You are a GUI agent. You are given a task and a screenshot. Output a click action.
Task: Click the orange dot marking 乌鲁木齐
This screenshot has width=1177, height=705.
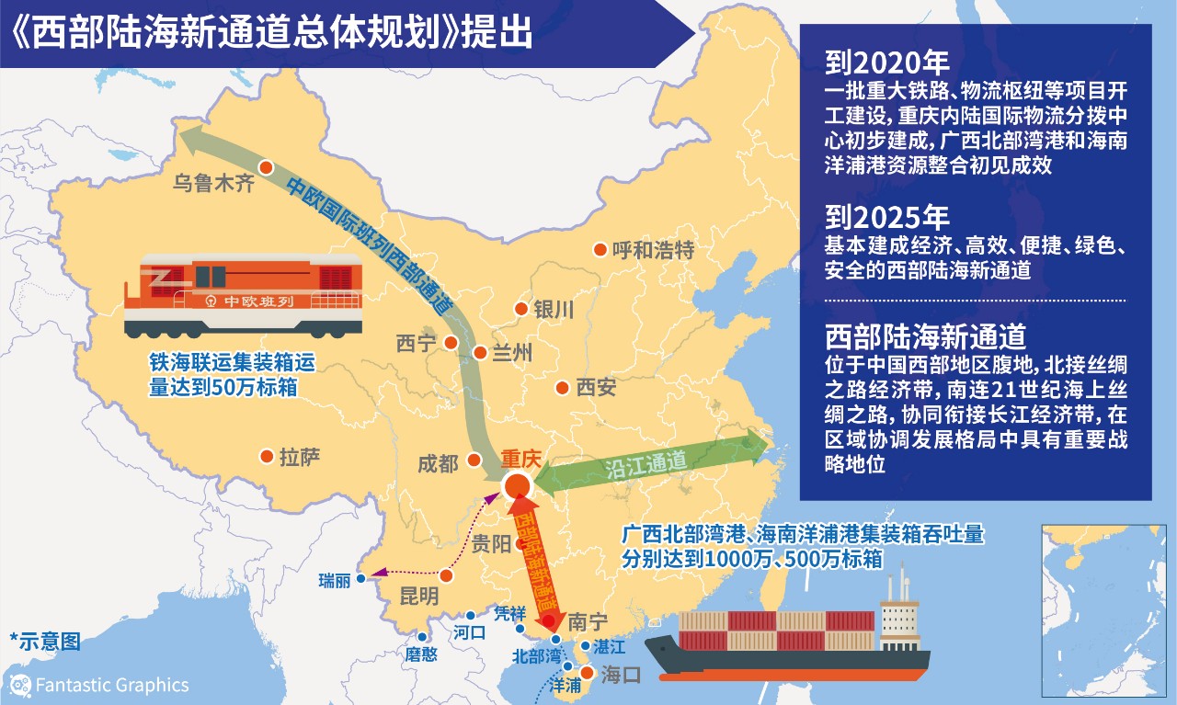266,167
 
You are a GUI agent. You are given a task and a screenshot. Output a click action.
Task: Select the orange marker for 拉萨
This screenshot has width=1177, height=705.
267,456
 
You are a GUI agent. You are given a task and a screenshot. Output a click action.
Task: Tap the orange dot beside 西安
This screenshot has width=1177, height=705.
562,388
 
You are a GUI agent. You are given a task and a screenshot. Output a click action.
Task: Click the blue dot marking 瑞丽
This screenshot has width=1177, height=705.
360,578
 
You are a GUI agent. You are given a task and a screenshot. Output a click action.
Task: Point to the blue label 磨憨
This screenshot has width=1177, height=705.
421,654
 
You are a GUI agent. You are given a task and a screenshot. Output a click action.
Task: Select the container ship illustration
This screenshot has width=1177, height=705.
791,634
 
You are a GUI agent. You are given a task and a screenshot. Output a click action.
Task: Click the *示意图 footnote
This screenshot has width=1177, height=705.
45,641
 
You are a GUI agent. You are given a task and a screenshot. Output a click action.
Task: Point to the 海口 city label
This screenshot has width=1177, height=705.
619,677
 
